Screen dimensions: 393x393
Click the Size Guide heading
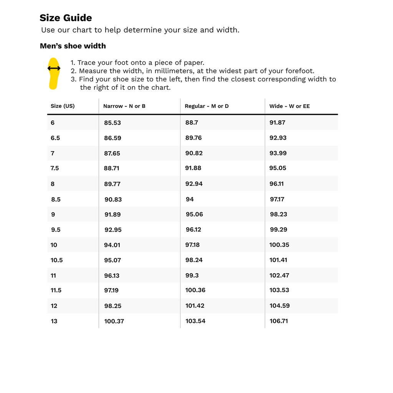point(66,18)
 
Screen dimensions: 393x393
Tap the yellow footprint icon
point(54,73)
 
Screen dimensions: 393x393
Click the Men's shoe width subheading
point(73,46)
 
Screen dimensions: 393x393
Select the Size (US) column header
point(63,106)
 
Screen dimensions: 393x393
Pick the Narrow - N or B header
point(124,106)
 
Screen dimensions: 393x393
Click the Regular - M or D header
point(206,106)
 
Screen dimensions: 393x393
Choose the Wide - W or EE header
point(289,106)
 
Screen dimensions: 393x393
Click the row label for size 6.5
point(55,138)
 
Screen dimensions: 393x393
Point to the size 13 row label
point(54,321)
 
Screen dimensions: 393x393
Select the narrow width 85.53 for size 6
point(112,123)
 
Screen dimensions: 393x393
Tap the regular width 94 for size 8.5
point(190,199)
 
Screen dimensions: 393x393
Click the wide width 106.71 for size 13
point(279,321)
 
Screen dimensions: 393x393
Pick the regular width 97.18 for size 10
point(193,245)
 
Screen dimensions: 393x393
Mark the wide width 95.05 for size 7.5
point(278,168)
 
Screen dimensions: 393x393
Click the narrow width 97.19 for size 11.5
point(111,291)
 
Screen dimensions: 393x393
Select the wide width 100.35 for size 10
point(279,245)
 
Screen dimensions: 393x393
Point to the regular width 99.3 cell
point(192,275)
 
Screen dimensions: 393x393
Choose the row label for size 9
point(53,215)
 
